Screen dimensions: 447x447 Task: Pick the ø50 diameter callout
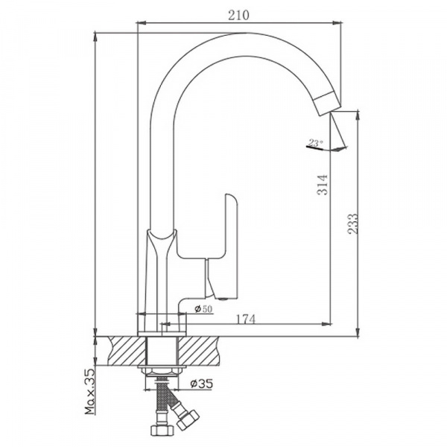pyautogui.click(x=203, y=309)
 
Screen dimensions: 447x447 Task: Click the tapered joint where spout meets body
pyautogui.click(x=163, y=242)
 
